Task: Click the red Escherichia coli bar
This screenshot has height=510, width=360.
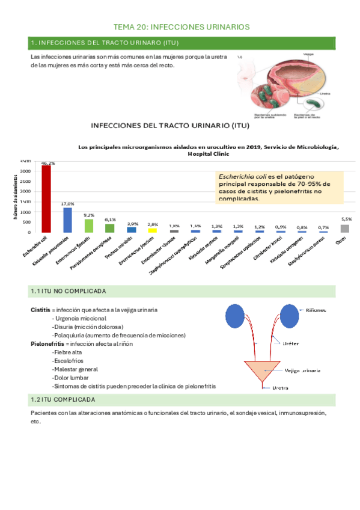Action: (x=46, y=198)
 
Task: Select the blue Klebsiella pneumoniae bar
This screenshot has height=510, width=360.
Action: (x=67, y=220)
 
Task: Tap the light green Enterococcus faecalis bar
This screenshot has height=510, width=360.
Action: (x=88, y=226)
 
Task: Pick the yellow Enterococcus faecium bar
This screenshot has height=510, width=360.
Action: (x=153, y=230)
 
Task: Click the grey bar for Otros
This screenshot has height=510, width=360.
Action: (x=344, y=229)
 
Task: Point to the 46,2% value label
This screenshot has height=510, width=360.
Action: (x=47, y=163)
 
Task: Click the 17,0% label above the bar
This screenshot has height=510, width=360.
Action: (x=68, y=204)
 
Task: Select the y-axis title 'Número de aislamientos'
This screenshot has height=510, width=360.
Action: (x=14, y=196)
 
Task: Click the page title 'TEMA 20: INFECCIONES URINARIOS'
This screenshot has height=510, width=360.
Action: (x=182, y=27)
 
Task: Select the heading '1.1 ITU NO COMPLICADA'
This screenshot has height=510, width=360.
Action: (x=68, y=292)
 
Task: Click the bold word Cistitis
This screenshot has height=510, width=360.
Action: (x=40, y=310)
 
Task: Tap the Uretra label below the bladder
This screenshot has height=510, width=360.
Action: (x=282, y=388)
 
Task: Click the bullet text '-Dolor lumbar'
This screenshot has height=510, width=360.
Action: (x=70, y=377)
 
